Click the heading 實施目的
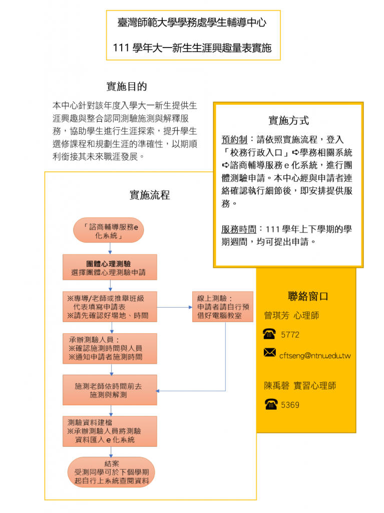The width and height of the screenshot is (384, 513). (x=127, y=86)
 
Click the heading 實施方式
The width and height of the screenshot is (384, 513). (x=288, y=120)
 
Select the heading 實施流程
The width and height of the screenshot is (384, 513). (x=150, y=195)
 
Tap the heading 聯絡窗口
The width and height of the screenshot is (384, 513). (x=308, y=296)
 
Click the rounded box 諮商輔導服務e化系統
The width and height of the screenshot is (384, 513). (x=109, y=230)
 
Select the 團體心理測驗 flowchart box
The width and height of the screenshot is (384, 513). (x=110, y=268)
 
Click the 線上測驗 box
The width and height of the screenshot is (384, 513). (x=223, y=307)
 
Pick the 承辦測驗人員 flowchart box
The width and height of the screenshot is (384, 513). (x=110, y=349)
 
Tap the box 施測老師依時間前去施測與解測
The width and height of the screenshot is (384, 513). (x=110, y=390)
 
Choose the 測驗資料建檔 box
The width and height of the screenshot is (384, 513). (x=110, y=431)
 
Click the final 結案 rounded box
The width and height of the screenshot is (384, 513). (x=111, y=472)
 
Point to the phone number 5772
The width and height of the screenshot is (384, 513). (x=290, y=335)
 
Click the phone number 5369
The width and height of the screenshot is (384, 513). (x=290, y=405)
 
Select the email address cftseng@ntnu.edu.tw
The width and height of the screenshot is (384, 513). (x=315, y=356)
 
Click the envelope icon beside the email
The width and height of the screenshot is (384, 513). (x=270, y=353)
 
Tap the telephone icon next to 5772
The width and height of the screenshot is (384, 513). (x=269, y=334)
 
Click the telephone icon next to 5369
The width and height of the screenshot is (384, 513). (x=271, y=404)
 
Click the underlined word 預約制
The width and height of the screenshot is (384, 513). (x=234, y=140)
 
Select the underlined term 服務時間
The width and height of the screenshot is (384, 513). (x=239, y=229)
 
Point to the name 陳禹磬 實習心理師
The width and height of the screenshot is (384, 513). (x=300, y=386)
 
